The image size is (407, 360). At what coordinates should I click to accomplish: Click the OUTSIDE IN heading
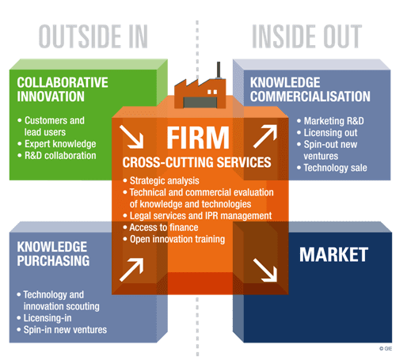(93, 36)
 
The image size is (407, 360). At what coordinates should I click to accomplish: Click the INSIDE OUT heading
(306, 36)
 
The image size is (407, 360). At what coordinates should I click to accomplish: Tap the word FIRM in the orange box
(198, 138)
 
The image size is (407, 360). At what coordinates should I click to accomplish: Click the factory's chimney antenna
(219, 70)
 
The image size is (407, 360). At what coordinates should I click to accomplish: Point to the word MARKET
(333, 255)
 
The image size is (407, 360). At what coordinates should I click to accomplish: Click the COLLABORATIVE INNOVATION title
(63, 89)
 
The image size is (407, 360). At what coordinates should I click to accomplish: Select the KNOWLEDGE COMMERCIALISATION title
(310, 89)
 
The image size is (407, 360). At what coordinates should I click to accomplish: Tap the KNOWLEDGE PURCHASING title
(53, 254)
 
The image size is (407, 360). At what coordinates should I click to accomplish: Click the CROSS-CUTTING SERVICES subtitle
(196, 162)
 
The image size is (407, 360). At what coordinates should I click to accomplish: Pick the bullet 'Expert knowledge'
(57, 144)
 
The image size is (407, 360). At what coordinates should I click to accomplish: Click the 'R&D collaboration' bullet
(57, 156)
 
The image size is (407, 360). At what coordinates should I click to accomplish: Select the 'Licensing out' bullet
(327, 133)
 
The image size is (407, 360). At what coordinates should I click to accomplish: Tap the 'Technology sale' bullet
(332, 168)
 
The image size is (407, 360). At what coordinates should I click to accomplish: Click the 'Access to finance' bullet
(161, 227)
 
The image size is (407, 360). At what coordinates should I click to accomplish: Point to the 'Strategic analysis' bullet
(161, 180)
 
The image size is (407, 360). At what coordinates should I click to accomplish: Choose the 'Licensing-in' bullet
(44, 318)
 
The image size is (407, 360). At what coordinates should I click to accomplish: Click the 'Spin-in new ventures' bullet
(62, 330)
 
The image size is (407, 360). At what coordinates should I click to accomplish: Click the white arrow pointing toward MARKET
(265, 270)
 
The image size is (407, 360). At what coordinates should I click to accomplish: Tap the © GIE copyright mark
(386, 348)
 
